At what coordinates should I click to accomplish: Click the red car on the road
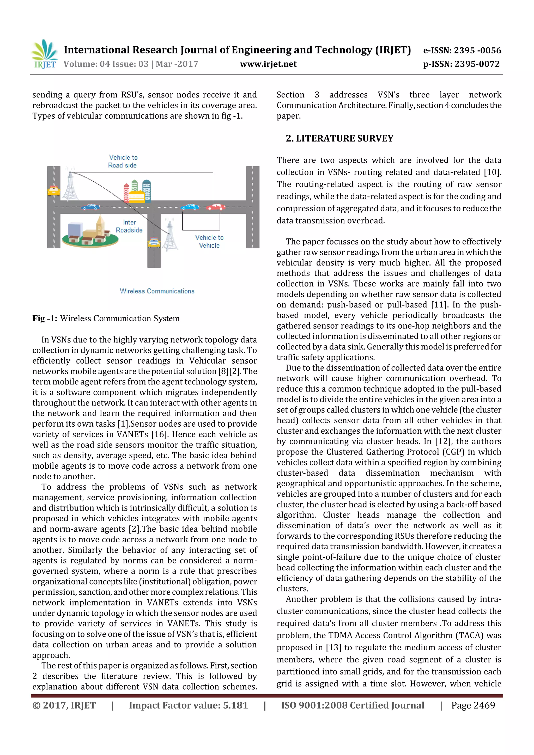tap(216, 207)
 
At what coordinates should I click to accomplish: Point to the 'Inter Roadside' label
tap(129, 226)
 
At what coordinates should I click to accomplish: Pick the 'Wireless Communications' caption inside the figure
tap(157, 291)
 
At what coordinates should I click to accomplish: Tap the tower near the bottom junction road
tap(170, 235)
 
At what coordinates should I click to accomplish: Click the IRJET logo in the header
tap(45, 54)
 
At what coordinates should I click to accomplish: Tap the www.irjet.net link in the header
tap(268, 64)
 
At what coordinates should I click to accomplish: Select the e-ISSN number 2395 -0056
tap(477, 50)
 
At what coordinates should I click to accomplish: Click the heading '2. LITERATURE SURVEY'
tap(339, 138)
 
